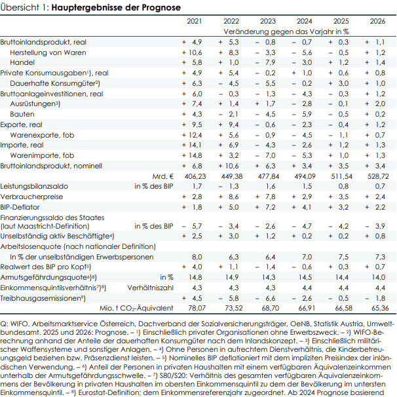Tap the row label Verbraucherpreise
tap(31, 196)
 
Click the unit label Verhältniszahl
tap(151, 287)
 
